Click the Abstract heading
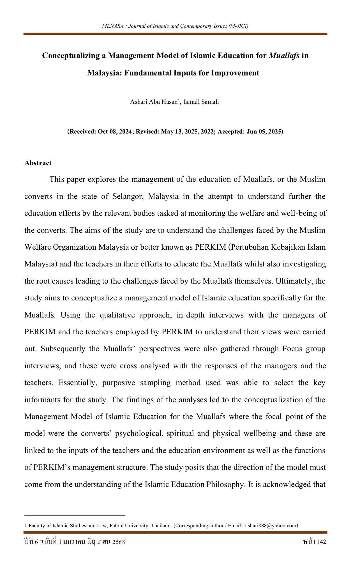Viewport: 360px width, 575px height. click(38, 163)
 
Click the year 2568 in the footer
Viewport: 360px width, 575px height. click(118, 542)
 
